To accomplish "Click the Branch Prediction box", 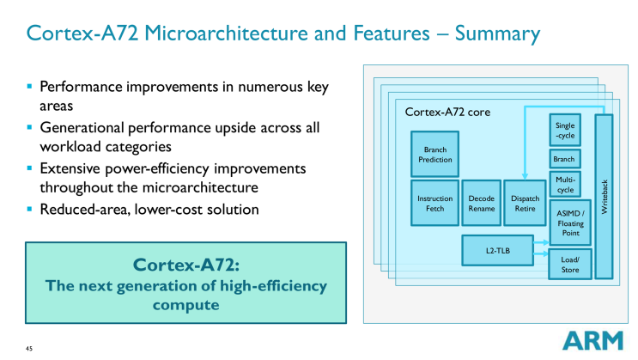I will (x=435, y=154).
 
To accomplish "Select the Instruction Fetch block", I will (x=435, y=204).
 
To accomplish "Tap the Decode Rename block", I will (x=481, y=204).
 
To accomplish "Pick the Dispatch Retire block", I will (x=525, y=204).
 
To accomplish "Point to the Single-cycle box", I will (x=565, y=131).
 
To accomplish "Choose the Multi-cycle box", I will (x=565, y=183).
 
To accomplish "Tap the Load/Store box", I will (x=570, y=265).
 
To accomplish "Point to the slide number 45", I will (x=28, y=348).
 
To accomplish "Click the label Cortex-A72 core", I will (x=447, y=113).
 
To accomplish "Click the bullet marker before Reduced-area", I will (x=30, y=209).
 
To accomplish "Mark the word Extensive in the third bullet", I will (x=73, y=168).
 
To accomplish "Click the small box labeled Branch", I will (x=565, y=159).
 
